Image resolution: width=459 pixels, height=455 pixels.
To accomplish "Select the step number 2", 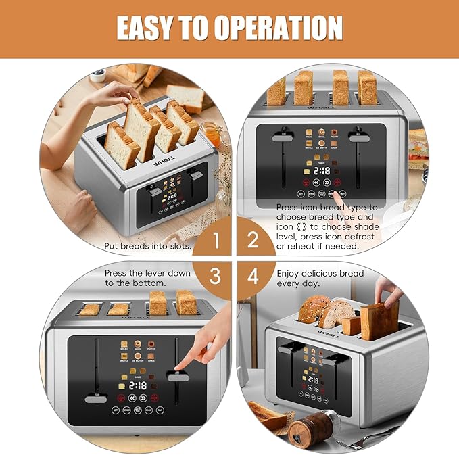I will click(x=252, y=239).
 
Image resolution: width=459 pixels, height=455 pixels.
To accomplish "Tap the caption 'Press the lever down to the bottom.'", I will click(x=147, y=278).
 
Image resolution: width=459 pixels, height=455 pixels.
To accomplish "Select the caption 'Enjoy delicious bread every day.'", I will click(x=320, y=278).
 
